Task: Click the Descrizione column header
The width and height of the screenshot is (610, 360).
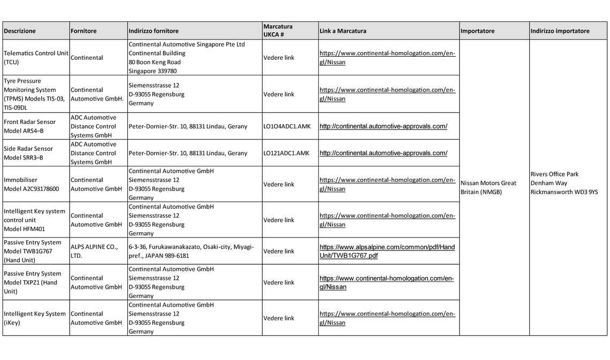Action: (x=20, y=31)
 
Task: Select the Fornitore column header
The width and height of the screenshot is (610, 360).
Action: (x=83, y=31)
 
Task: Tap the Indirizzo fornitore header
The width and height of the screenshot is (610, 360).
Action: (x=154, y=31)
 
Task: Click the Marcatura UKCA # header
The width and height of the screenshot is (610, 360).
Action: (x=278, y=30)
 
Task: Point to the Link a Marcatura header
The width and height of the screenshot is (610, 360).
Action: (x=343, y=31)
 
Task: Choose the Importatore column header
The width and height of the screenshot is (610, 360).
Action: (x=477, y=31)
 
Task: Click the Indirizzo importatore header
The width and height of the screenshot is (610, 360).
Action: (x=560, y=31)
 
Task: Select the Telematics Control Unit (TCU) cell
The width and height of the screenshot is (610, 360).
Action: (x=36, y=58)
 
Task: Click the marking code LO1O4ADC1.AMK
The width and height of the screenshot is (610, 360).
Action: (x=286, y=126)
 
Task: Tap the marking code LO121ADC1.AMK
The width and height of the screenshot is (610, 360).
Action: (x=286, y=153)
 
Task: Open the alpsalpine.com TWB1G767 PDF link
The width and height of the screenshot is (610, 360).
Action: (x=387, y=251)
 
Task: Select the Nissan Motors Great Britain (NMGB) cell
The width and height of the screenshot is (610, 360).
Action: (x=488, y=187)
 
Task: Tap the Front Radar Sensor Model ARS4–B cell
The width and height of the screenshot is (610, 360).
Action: (x=29, y=126)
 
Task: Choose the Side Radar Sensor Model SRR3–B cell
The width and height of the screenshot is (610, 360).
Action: (x=28, y=153)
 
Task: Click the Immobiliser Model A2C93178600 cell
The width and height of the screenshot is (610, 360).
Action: (x=31, y=185)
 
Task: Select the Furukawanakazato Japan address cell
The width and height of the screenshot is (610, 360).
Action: (x=191, y=251)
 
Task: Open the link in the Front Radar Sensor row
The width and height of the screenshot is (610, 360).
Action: (x=383, y=126)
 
